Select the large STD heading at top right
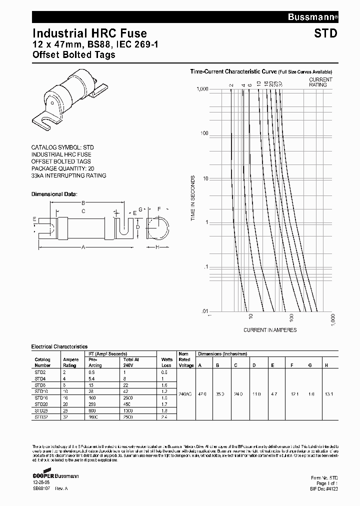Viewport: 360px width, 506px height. point(326,34)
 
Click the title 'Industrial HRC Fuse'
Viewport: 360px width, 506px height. point(89,33)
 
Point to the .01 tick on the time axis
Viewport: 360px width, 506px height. point(204,311)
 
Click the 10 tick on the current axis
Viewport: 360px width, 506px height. point(251,316)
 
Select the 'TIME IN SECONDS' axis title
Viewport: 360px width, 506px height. point(192,199)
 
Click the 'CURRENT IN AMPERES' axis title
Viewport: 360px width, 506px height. point(270,330)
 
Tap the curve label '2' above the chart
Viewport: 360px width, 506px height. point(231,84)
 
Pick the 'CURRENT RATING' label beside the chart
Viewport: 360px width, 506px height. point(320,82)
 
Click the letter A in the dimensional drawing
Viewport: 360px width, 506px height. point(83,247)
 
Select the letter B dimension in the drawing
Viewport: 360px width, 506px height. point(83,202)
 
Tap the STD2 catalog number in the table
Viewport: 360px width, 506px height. point(40,372)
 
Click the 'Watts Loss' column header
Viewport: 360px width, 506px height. point(167,362)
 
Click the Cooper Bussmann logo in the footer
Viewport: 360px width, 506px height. point(55,475)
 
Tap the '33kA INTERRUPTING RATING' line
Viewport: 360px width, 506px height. point(68,175)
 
